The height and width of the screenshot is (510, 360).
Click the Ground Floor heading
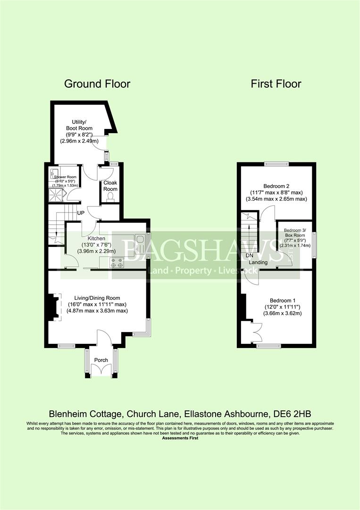point(97,84)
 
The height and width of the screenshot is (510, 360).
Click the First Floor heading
point(276,84)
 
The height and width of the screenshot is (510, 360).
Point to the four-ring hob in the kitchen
point(117,263)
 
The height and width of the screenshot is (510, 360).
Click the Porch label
point(101,360)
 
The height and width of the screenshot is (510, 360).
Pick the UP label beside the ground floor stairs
point(81,213)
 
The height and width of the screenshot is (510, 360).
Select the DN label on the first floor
point(250,255)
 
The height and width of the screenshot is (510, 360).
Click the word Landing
point(259,263)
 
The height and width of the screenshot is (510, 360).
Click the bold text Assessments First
point(180,438)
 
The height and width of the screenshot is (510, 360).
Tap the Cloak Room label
point(111,185)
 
